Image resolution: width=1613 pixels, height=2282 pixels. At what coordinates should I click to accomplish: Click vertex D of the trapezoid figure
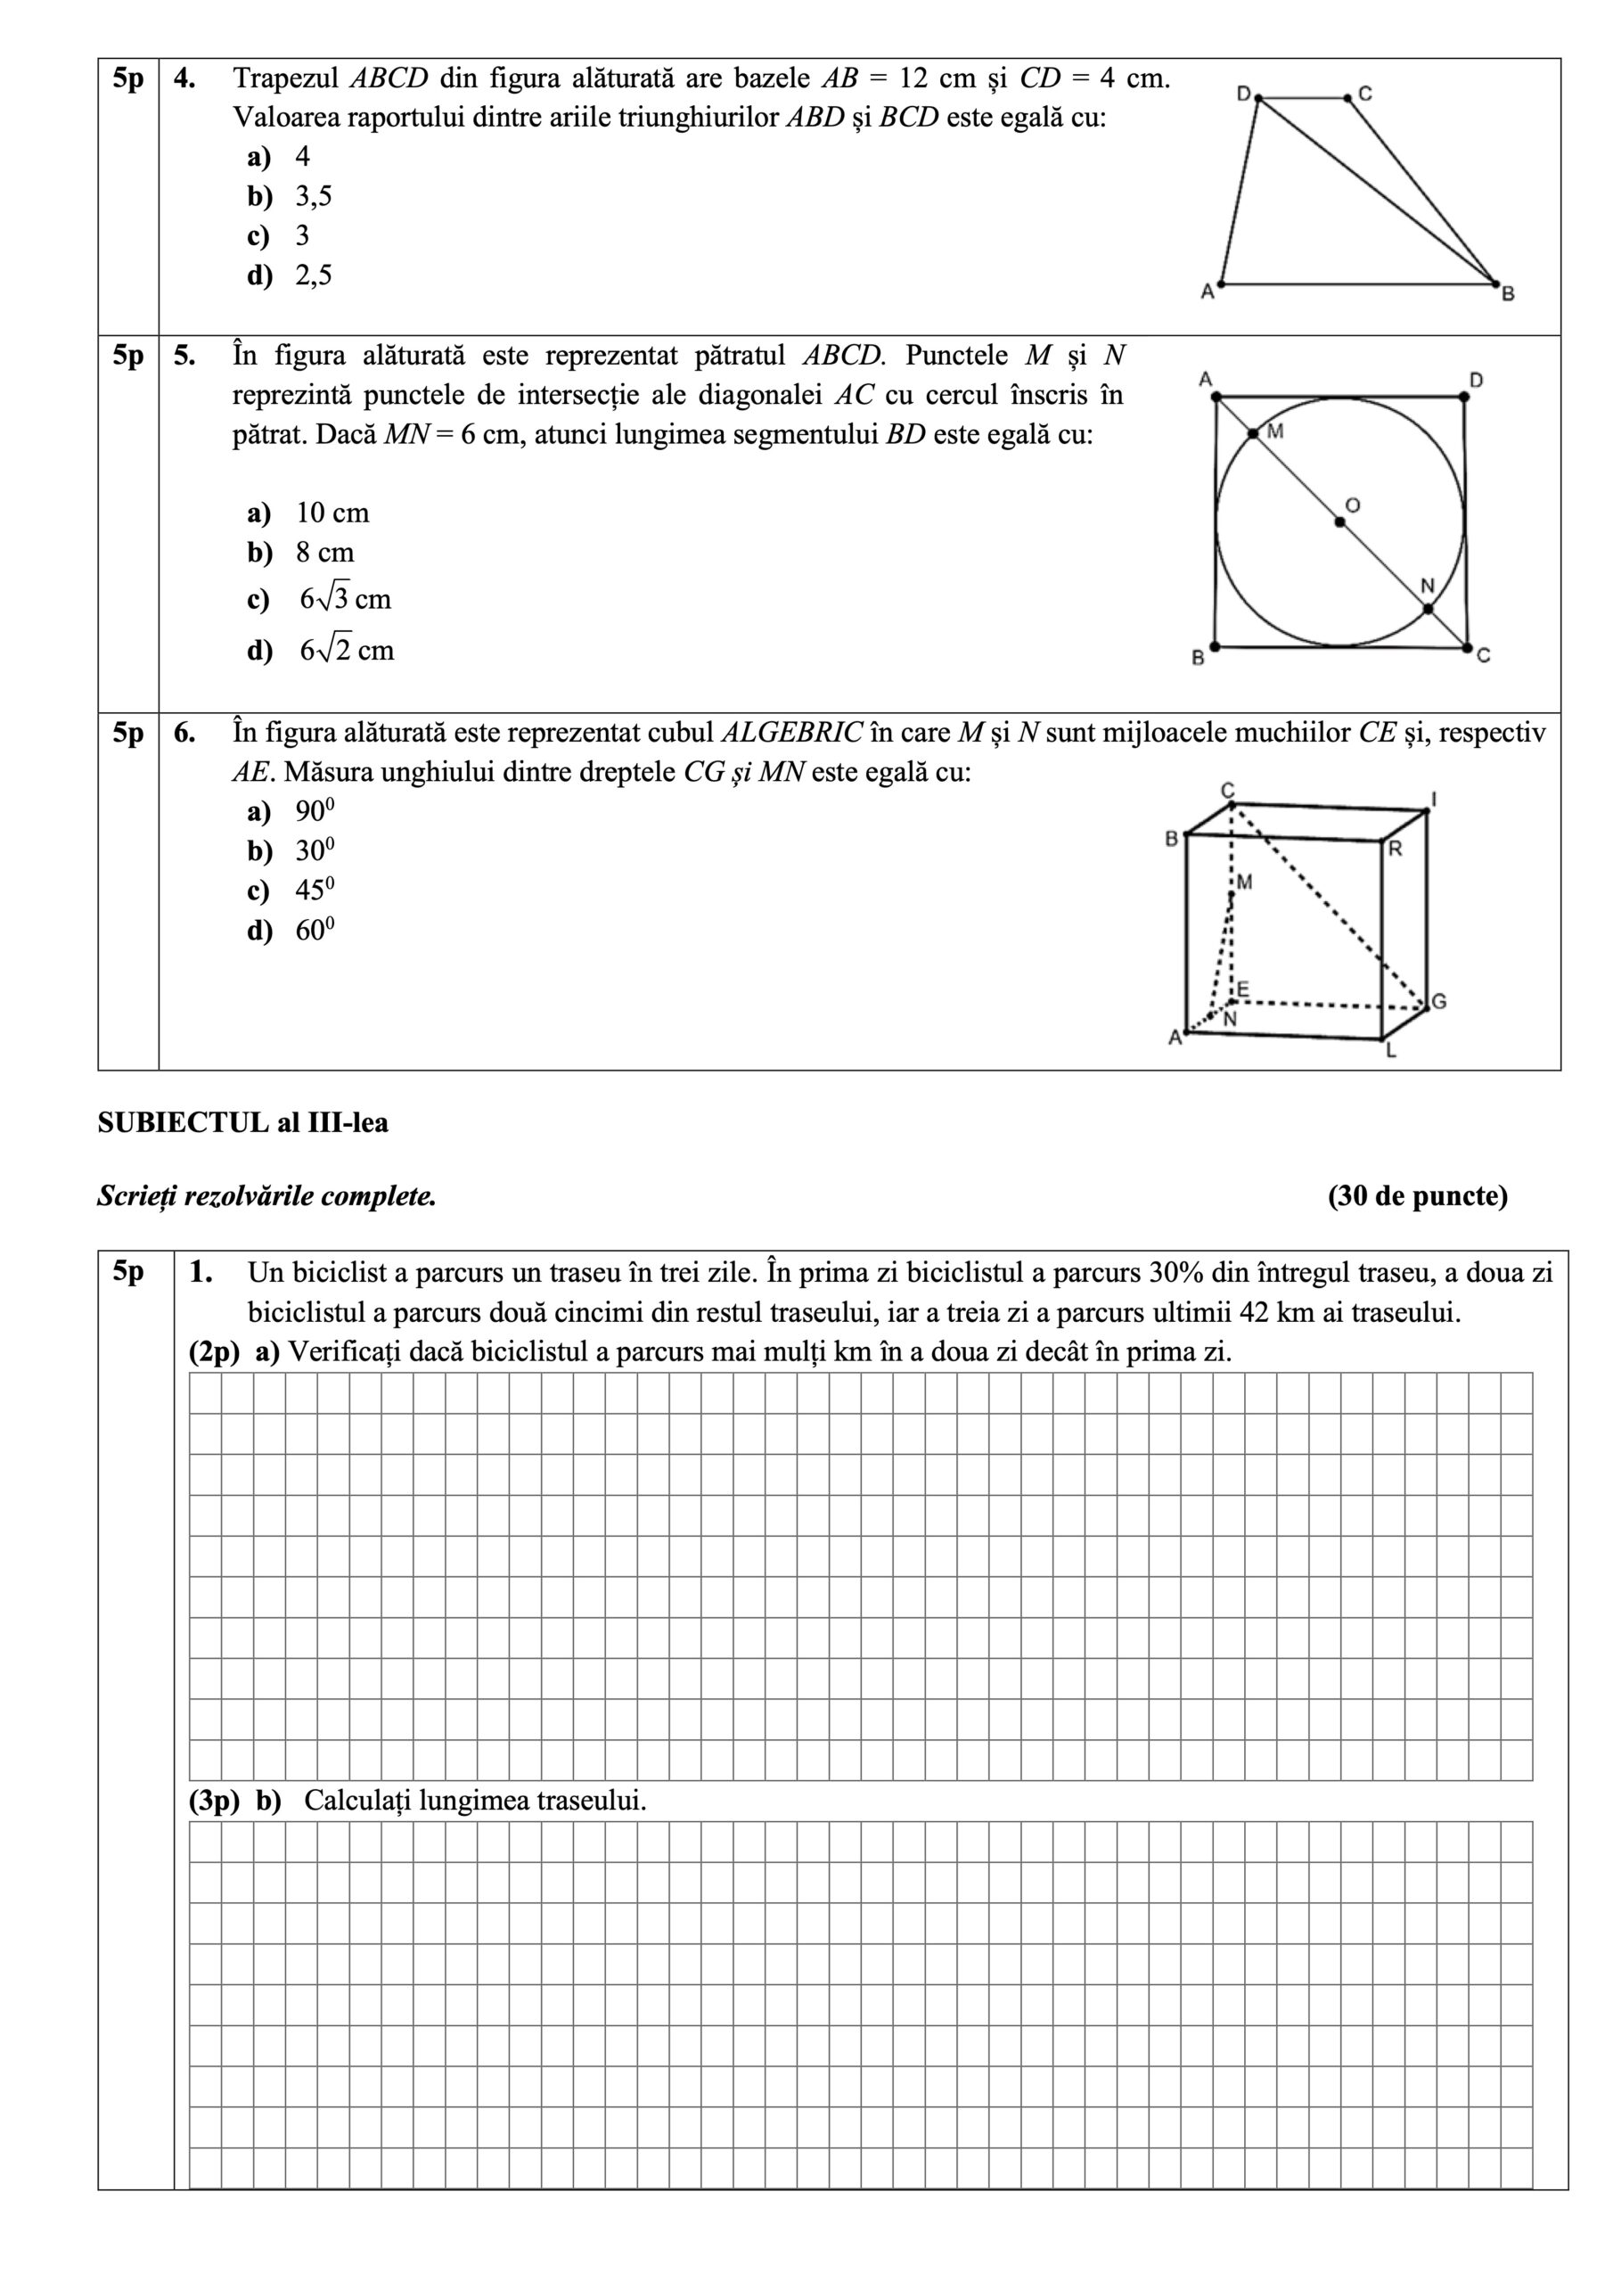click(1258, 97)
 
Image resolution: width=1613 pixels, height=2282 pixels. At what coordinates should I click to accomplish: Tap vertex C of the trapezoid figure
click(1347, 97)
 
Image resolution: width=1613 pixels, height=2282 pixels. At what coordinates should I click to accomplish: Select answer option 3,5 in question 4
click(313, 196)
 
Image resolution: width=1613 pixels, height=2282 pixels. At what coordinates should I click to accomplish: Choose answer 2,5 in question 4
click(313, 275)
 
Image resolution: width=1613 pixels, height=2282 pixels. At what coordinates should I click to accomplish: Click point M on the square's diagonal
click(1252, 433)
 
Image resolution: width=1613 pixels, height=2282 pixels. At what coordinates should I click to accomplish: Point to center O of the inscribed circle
click(1339, 521)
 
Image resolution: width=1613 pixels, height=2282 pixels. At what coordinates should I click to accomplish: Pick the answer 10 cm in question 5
click(332, 513)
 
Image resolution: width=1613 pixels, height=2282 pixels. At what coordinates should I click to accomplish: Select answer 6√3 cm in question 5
click(345, 599)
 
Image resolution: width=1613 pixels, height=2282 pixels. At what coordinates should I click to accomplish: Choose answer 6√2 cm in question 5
click(346, 650)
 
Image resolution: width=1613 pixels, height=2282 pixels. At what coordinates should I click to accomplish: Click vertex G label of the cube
click(1438, 1002)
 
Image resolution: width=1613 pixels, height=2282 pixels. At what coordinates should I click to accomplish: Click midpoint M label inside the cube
click(1244, 882)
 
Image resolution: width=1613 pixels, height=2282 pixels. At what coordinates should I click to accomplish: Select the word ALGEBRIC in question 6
click(791, 733)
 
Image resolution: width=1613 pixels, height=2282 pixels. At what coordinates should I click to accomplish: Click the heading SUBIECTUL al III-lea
click(242, 1123)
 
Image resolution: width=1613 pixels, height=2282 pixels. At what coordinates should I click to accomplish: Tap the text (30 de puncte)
click(1417, 1195)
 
